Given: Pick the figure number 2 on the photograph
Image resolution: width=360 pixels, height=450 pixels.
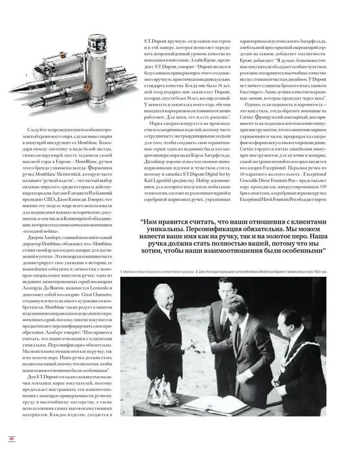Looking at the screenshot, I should [124, 413].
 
